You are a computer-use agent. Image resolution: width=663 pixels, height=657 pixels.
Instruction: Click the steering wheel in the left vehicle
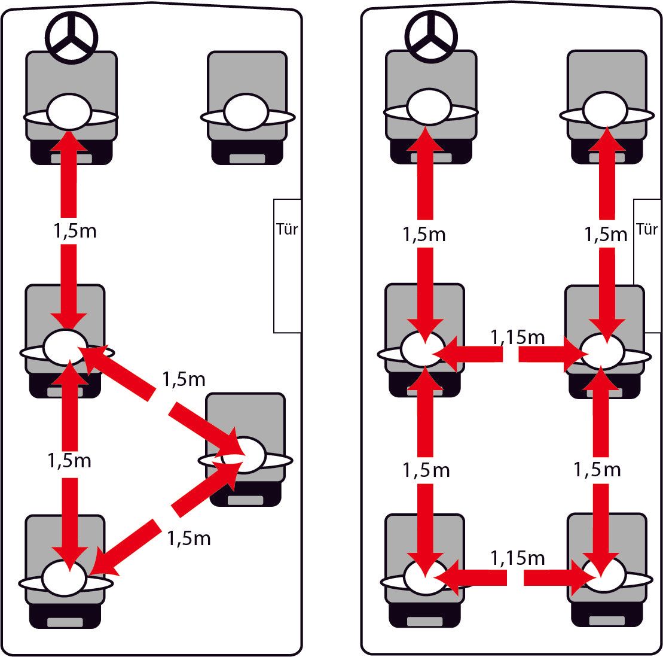71,37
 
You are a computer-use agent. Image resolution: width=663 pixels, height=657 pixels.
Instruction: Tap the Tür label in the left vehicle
288,229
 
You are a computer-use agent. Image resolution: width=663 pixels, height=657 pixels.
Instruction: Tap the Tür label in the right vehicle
647,229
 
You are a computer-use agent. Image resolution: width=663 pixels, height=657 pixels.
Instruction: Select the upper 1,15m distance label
518,337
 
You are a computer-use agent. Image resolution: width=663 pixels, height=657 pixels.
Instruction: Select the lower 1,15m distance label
518,558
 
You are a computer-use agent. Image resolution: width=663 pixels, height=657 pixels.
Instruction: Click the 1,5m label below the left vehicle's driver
75,232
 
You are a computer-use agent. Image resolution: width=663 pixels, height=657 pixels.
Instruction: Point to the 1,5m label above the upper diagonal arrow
184,379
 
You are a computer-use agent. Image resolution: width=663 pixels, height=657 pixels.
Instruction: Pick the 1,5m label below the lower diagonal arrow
189,539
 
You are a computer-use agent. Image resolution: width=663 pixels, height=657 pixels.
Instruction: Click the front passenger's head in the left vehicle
246,112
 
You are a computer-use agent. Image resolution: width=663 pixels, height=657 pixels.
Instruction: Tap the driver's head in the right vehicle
429,108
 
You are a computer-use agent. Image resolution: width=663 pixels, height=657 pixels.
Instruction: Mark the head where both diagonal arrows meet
243,455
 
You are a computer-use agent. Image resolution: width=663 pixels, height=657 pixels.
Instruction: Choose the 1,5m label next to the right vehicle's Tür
606,234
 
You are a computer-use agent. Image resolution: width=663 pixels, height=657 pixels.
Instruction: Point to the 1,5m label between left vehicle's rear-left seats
69,461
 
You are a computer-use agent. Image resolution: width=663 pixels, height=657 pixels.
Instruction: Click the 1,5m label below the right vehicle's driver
424,234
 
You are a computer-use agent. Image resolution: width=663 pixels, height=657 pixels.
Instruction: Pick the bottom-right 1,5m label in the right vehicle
597,470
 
